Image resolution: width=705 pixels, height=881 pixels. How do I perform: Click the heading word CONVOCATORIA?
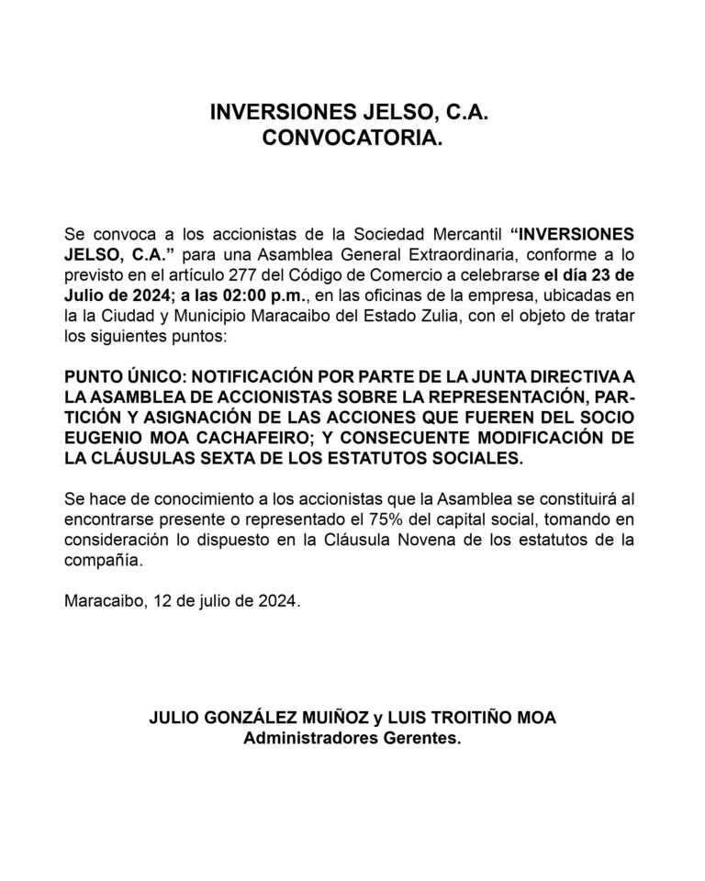point(352,139)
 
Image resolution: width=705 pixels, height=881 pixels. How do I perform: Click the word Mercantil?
point(455,232)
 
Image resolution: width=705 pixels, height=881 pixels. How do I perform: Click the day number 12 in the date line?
point(162,603)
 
